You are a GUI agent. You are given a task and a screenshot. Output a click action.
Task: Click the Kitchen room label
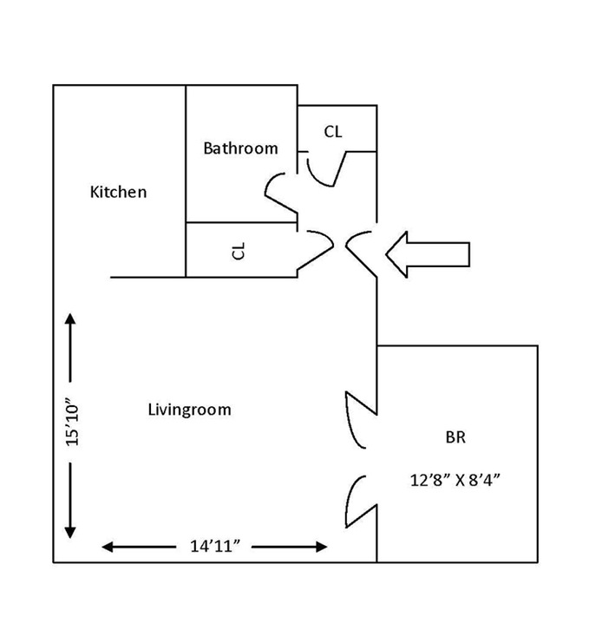pyautogui.click(x=119, y=192)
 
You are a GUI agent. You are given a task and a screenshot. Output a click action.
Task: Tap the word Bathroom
pyautogui.click(x=240, y=148)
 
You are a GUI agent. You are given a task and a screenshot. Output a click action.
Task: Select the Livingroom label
pyautogui.click(x=189, y=410)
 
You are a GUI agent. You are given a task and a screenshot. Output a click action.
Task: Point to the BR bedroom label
pyautogui.click(x=455, y=437)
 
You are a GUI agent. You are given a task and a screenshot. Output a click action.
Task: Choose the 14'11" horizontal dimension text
pyautogui.click(x=214, y=546)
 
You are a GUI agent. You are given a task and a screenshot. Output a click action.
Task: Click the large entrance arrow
pyautogui.click(x=428, y=254)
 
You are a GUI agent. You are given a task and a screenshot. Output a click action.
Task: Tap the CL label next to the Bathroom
pyautogui.click(x=333, y=132)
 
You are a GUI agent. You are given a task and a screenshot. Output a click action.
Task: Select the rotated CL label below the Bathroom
pyautogui.click(x=239, y=251)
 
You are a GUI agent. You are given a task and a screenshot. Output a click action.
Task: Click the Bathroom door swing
pyautogui.click(x=279, y=191)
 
